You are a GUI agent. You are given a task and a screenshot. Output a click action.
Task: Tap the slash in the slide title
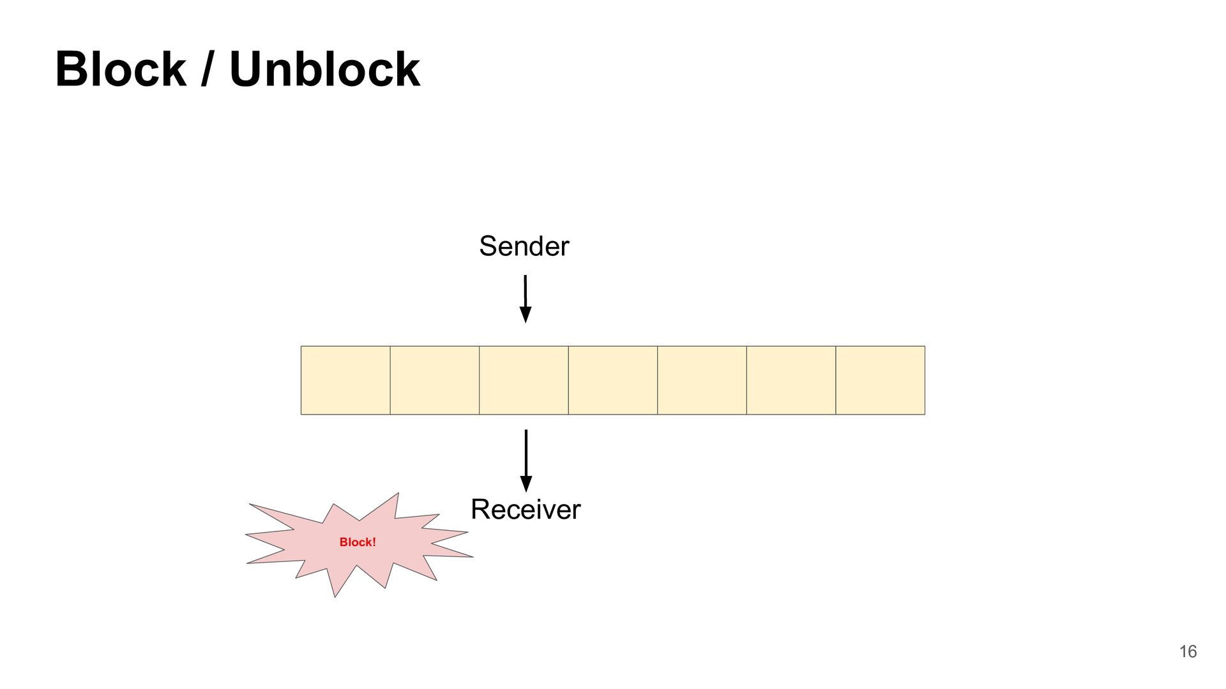pos(207,70)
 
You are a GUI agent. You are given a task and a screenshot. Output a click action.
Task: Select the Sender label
pos(524,246)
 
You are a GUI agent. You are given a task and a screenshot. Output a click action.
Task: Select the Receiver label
pos(526,510)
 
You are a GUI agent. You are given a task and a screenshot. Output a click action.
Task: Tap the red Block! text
pos(358,542)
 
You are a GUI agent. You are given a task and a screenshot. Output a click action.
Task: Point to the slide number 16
pos(1188,651)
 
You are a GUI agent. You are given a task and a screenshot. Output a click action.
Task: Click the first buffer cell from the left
pos(345,380)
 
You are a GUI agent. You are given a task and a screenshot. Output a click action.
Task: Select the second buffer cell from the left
pos(435,380)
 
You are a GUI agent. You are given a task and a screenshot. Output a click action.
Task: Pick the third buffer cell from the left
pos(524,380)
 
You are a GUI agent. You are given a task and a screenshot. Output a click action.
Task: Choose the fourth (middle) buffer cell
pos(613,380)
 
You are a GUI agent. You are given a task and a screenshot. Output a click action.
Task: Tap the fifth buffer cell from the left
pos(702,380)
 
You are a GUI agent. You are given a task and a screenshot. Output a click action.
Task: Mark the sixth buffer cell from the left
pos(791,380)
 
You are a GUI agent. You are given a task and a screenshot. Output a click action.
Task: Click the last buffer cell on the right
pos(880,380)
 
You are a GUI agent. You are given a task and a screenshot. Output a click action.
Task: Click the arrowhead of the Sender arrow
pos(526,315)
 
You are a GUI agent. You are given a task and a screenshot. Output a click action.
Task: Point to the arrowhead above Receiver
pos(526,484)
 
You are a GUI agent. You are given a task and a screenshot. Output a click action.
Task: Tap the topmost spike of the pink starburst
pos(397,496)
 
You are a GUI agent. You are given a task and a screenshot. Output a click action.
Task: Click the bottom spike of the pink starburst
pos(335,594)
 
